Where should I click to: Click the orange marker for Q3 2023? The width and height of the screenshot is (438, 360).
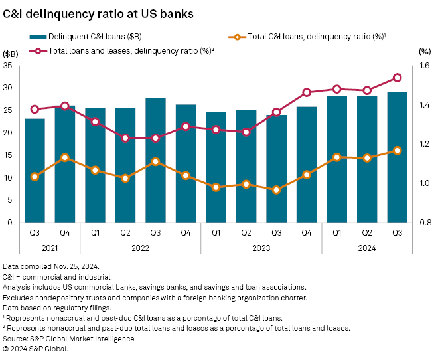[277, 190]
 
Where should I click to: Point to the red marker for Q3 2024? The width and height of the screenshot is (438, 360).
[398, 78]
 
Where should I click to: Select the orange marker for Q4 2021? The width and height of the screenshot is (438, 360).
[65, 157]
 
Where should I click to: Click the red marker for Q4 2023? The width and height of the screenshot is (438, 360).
[307, 92]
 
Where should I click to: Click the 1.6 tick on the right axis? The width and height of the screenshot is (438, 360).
[425, 66]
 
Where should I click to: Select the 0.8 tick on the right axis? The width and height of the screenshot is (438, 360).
[425, 223]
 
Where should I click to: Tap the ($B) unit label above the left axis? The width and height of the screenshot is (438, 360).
[12, 52]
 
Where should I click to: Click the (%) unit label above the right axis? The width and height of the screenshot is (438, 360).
[425, 52]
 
